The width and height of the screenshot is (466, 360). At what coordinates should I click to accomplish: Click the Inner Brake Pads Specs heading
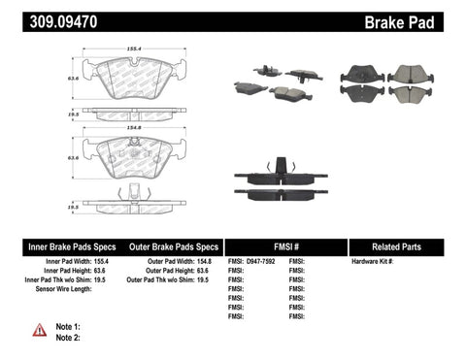pyautogui.click(x=57, y=246)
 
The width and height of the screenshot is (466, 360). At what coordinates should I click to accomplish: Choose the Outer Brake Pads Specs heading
pyautogui.click(x=169, y=246)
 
